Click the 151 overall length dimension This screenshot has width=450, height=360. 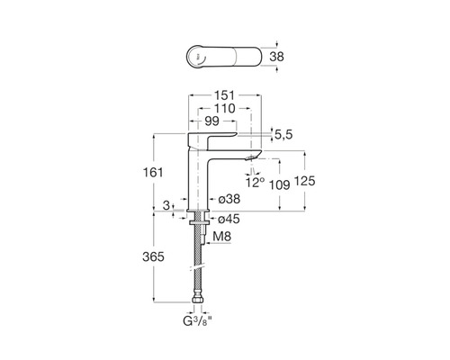[224, 95]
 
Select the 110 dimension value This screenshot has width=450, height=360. [224, 108]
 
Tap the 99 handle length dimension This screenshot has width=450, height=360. [211, 121]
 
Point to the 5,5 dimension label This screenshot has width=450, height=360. [283, 135]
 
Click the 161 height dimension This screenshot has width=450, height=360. [153, 173]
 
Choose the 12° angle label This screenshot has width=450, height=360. [256, 182]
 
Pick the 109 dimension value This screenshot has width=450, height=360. [279, 185]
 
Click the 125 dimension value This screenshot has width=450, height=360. [305, 181]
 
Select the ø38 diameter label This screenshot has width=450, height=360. [229, 199]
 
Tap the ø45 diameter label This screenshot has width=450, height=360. [229, 219]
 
